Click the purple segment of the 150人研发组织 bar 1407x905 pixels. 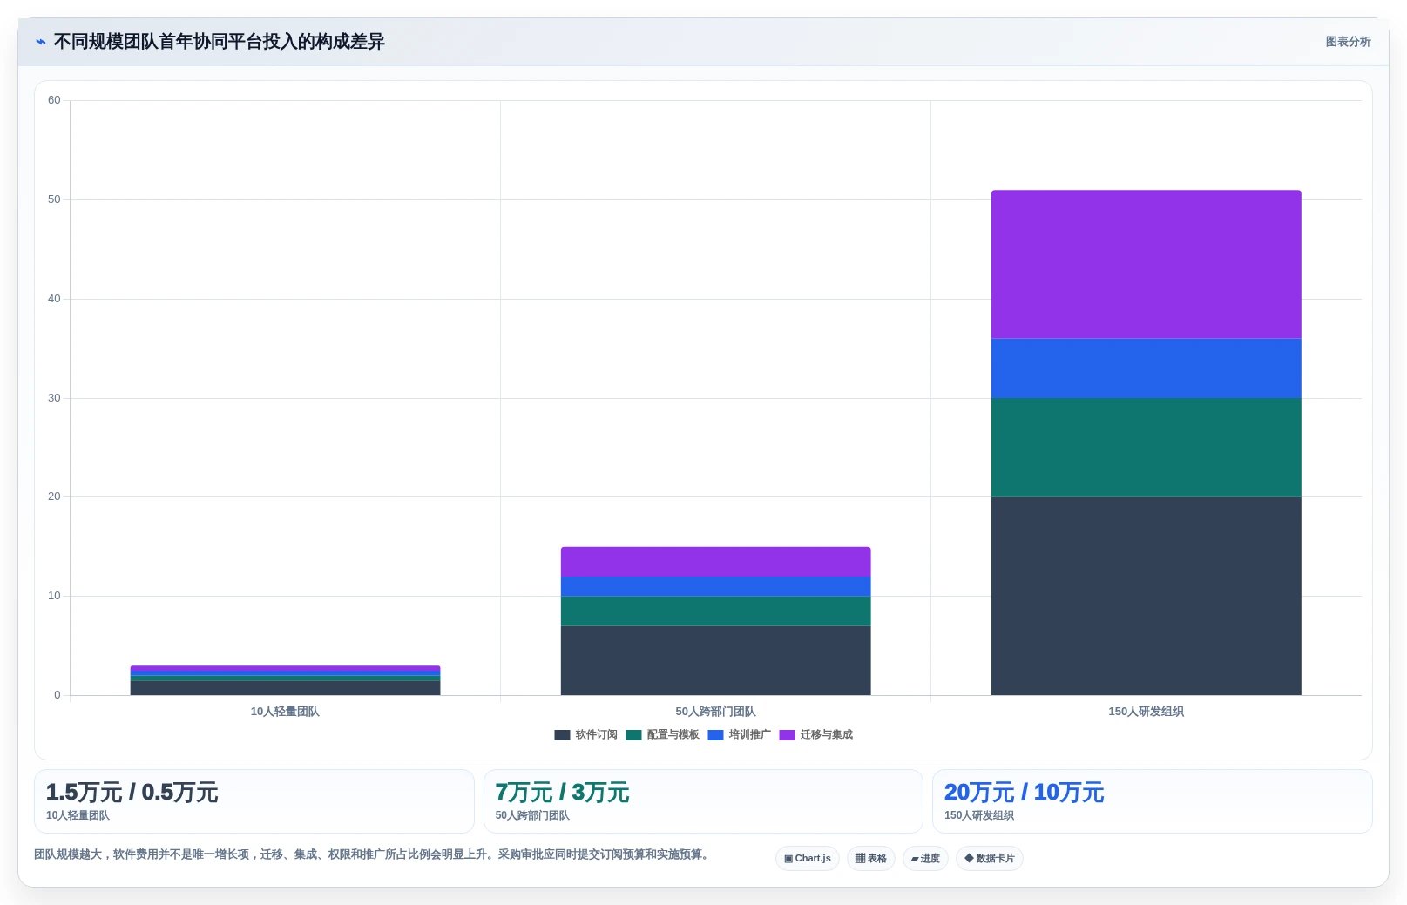tap(1147, 265)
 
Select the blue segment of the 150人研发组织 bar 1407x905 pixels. tap(1147, 368)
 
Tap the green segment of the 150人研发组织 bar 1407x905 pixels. tap(1147, 448)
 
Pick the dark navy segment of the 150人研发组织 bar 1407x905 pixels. tap(1147, 596)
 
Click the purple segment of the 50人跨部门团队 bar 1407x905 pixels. tap(715, 562)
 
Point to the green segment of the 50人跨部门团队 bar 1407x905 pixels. tap(715, 611)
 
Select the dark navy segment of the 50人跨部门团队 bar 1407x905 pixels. tap(715, 661)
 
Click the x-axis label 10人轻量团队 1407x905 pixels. tap(285, 712)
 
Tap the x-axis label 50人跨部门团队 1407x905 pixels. tap(715, 712)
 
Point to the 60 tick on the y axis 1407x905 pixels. tap(54, 100)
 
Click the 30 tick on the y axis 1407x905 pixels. tap(54, 397)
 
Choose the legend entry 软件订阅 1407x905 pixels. tap(586, 735)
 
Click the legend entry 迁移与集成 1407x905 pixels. tap(816, 735)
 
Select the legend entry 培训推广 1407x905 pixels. tap(740, 735)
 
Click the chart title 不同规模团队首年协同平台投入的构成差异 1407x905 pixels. tap(220, 42)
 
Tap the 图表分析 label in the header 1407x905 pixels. tap(1348, 42)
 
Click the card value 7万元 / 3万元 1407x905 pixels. tap(562, 793)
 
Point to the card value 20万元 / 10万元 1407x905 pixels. tap(1024, 793)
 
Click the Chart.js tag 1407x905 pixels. tap(807, 859)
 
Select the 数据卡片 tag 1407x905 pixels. tap(990, 859)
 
